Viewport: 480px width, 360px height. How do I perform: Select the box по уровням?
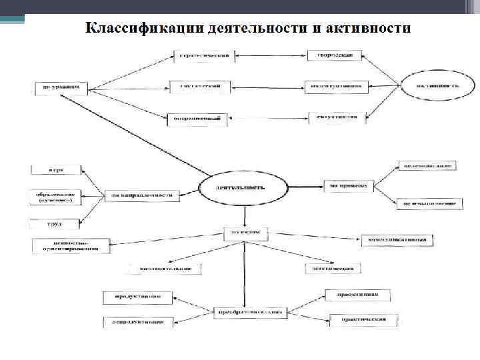[x=61, y=87]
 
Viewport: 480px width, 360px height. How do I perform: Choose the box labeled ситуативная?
[x=337, y=117]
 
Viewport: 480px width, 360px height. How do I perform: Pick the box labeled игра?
[x=55, y=169]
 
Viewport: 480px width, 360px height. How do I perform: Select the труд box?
[x=55, y=224]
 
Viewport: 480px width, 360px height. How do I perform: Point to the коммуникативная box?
[x=398, y=239]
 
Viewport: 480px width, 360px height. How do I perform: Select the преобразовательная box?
[x=250, y=311]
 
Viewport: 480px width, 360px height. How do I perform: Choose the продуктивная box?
[x=138, y=295]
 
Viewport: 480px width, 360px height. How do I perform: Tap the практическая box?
[x=365, y=319]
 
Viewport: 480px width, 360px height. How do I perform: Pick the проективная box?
[x=361, y=294]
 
